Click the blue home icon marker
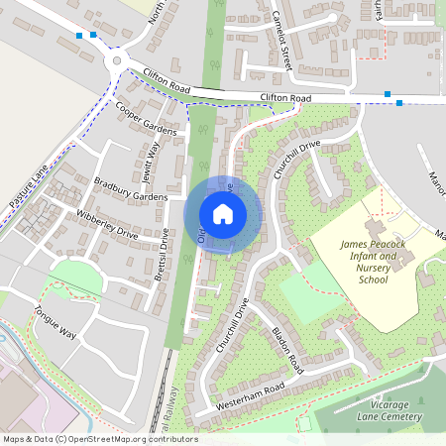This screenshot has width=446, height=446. point(223,213)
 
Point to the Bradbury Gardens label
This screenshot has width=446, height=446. point(132,189)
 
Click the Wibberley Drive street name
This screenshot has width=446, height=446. point(107,226)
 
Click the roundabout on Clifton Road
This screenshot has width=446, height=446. point(118,60)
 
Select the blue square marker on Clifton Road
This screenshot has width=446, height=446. point(399,103)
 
